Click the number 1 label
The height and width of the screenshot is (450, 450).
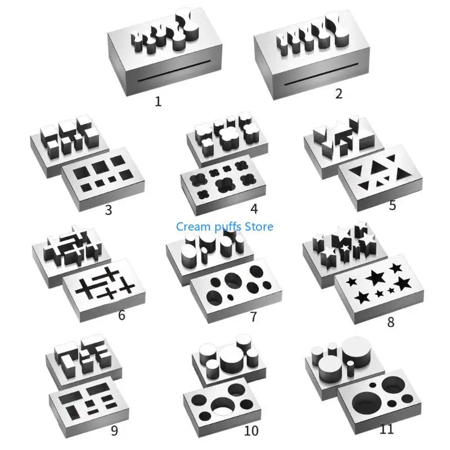tap(158, 101)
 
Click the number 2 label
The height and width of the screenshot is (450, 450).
tap(339, 93)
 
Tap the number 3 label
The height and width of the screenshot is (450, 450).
tap(109, 211)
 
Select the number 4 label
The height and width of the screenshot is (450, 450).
tap(254, 209)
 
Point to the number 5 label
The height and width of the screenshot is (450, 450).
tap(393, 205)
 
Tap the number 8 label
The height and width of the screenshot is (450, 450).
tap(391, 322)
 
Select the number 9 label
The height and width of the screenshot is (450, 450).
tap(114, 431)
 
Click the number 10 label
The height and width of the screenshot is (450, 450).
tap(251, 431)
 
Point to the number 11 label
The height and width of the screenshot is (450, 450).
tap(386, 429)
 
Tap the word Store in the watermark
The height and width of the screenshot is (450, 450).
tap(259, 227)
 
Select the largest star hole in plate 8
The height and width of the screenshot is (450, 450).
tap(375, 277)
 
